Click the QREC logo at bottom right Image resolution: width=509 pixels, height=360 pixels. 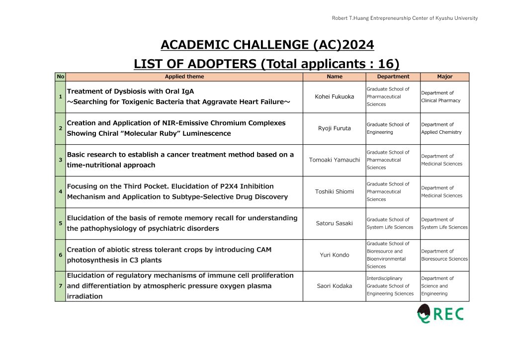click(440, 314)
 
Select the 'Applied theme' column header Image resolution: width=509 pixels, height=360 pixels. click(184, 77)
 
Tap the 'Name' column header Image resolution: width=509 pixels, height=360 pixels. click(335, 77)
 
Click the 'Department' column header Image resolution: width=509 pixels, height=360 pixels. click(393, 77)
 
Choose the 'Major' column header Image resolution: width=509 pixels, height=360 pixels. click(445, 77)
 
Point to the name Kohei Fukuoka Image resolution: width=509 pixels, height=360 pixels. click(335, 96)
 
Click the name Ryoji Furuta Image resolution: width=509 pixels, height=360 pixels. click(335, 128)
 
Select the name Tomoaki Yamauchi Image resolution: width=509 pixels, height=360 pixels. click(335, 160)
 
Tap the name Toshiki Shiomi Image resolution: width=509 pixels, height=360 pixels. click(335, 191)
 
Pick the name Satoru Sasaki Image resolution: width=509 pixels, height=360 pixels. click(335, 223)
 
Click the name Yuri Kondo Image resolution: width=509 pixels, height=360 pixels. click(335, 255)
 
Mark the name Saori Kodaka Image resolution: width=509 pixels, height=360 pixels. click(335, 286)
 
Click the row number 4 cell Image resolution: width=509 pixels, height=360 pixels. click(60, 191)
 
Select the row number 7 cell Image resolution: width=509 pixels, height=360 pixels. click(60, 286)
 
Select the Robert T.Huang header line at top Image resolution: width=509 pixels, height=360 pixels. click(405, 18)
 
